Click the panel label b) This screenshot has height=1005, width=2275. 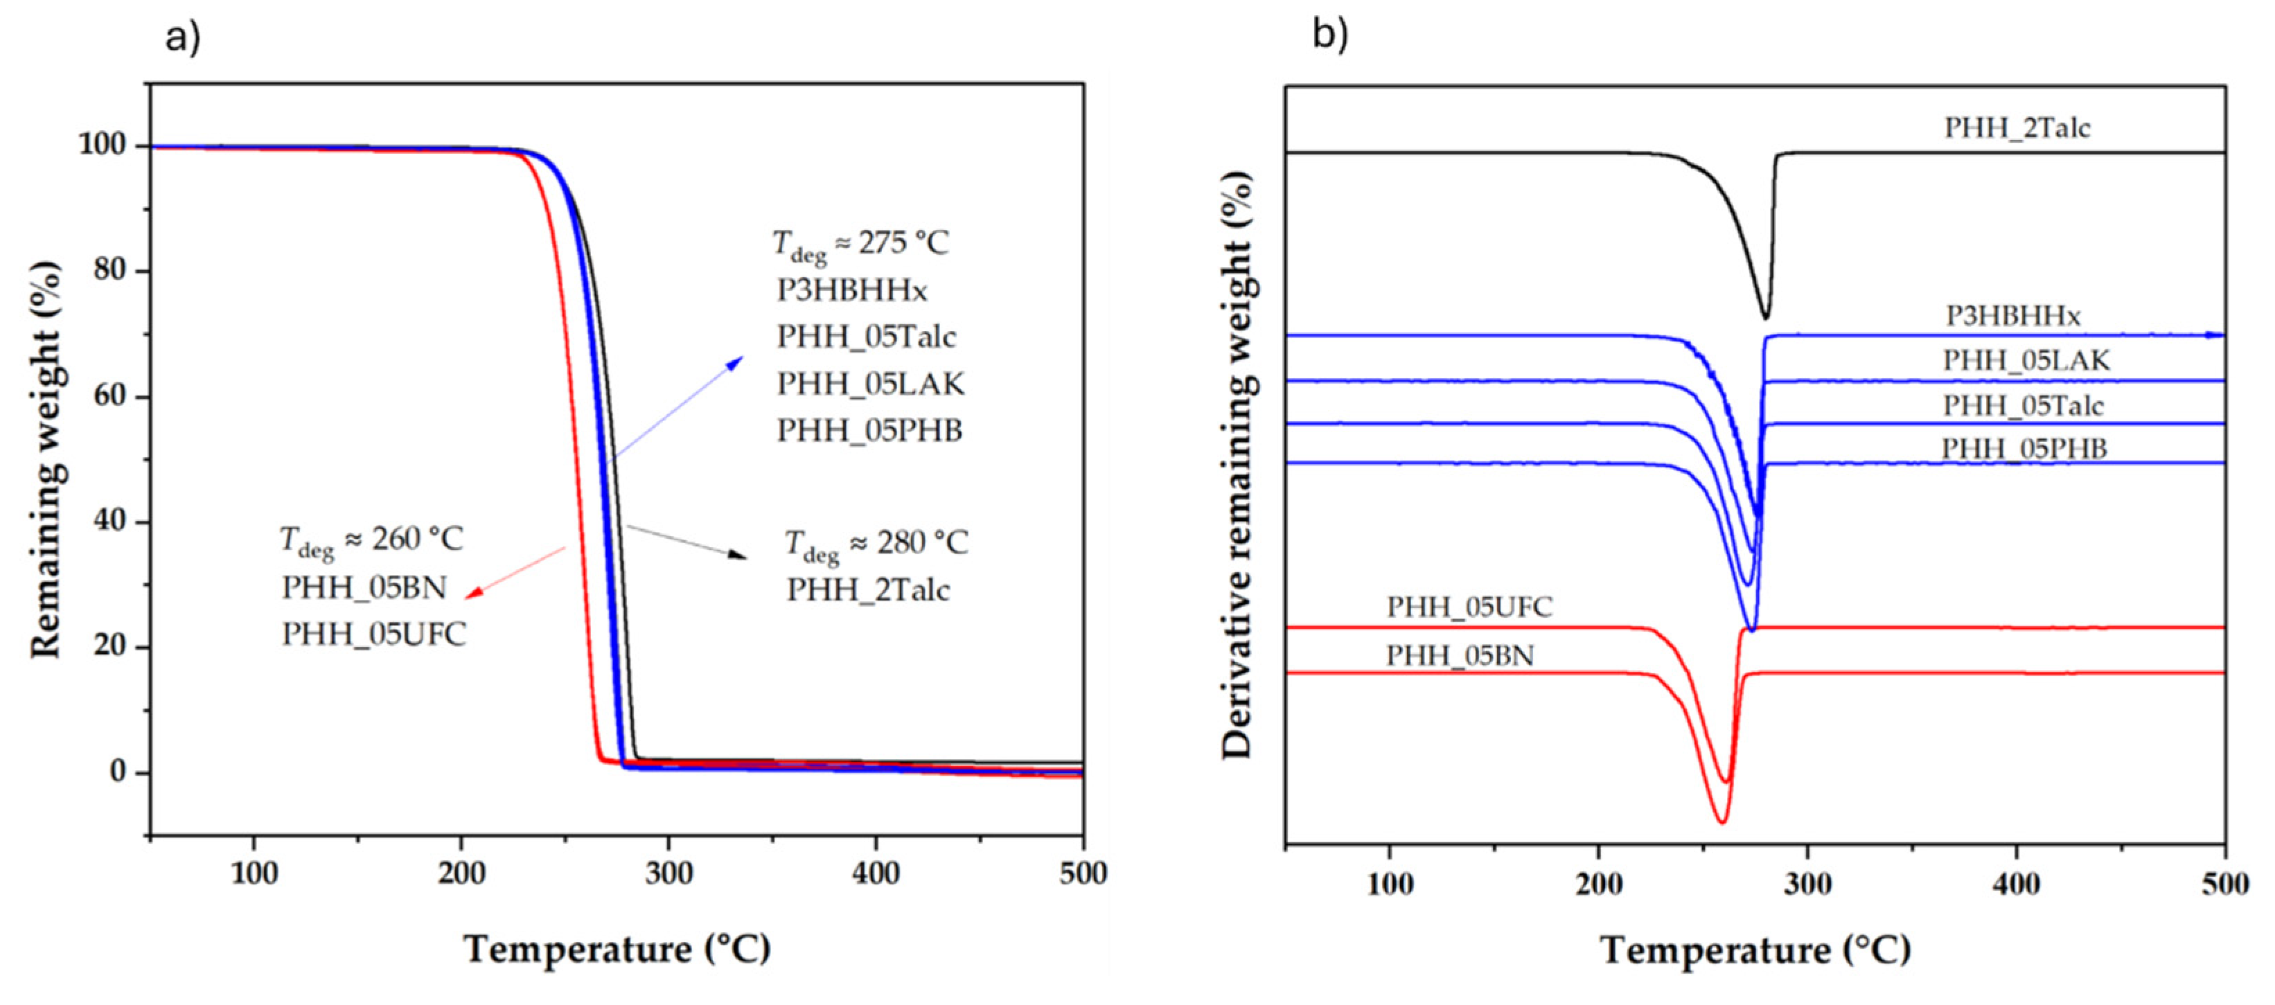(x=1330, y=35)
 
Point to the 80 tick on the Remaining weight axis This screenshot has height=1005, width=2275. (x=109, y=270)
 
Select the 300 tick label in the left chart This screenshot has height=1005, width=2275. (x=668, y=873)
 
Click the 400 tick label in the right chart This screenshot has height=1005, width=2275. (x=2015, y=884)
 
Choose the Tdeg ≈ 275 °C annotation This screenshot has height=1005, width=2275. (x=860, y=244)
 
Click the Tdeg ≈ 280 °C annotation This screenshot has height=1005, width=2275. (x=876, y=543)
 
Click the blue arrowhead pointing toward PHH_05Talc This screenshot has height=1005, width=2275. (x=736, y=362)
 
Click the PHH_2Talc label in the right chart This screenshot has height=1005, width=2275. (x=2017, y=128)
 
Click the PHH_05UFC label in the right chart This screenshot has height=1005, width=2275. (x=1469, y=607)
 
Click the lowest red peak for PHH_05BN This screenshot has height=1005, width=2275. (x=1721, y=822)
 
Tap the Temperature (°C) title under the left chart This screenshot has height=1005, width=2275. (x=617, y=950)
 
